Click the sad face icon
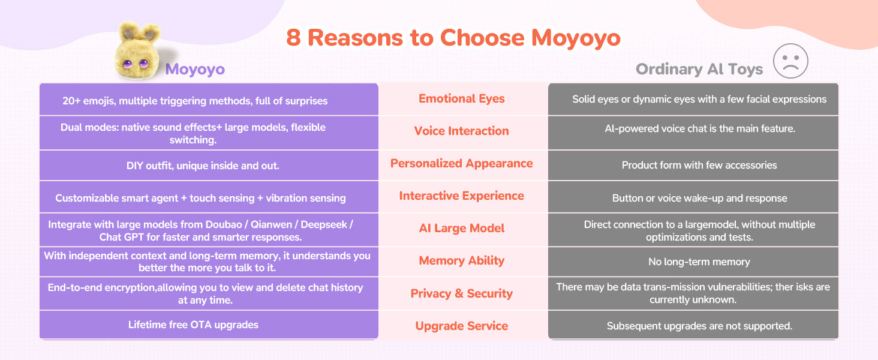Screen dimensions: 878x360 (x=790, y=61)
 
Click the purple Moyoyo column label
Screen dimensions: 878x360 (x=195, y=69)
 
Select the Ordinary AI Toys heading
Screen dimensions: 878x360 (x=699, y=69)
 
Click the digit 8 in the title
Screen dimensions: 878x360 (x=293, y=38)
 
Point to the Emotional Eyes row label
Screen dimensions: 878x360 (x=461, y=98)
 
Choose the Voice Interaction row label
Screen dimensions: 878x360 (x=461, y=131)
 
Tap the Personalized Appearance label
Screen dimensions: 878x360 (x=461, y=163)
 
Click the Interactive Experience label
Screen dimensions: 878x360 (x=461, y=196)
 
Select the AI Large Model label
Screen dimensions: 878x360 (x=461, y=228)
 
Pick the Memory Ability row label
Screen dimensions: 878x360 (x=461, y=260)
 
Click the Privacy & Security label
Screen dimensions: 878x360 (x=461, y=293)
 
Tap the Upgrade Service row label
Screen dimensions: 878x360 (x=461, y=325)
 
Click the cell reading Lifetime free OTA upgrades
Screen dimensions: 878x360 (x=193, y=325)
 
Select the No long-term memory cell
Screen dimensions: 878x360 (x=699, y=262)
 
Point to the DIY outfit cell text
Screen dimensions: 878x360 (x=203, y=166)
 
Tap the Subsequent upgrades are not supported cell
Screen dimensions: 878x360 (x=699, y=326)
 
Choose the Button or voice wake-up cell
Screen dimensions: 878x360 (x=699, y=198)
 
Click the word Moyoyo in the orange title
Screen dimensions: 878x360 (x=576, y=38)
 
